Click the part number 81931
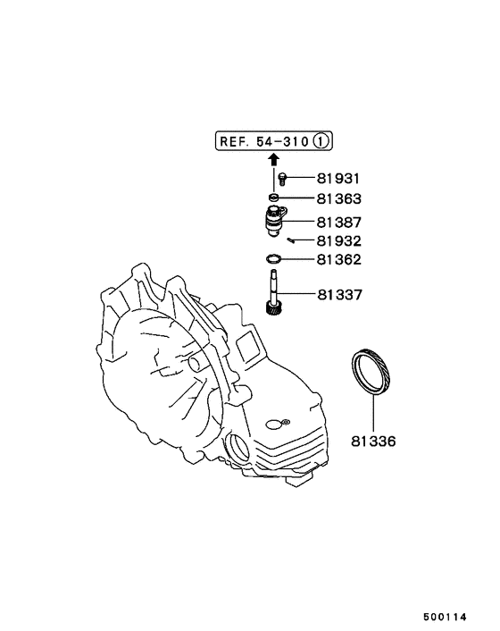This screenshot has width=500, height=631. click(x=337, y=180)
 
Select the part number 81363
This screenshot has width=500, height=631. click(x=337, y=199)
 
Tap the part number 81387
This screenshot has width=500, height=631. click(x=337, y=221)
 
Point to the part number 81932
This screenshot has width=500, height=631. click(x=337, y=241)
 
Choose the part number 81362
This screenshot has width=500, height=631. click(x=337, y=261)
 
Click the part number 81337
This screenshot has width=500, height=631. click(x=337, y=294)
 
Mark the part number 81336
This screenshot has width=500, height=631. click(x=374, y=441)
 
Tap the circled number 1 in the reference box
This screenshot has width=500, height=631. click(x=324, y=140)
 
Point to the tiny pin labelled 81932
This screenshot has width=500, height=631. click(x=292, y=240)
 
